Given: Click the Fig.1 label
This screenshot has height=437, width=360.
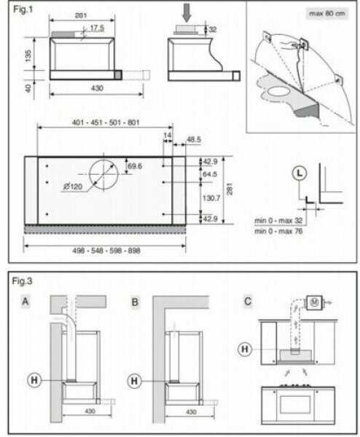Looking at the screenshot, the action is tap(23, 9).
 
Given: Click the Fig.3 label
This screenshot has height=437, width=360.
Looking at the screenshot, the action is tap(22, 281).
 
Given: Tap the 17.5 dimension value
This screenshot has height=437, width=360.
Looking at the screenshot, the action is tap(97, 28).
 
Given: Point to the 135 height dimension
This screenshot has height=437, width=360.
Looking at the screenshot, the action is tap(28, 56).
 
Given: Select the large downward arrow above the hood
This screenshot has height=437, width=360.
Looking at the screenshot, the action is tap(187, 13).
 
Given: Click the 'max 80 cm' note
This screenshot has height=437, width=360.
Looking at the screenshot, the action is tap(327, 13).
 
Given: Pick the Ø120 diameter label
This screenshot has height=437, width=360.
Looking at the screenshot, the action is tap(73, 186).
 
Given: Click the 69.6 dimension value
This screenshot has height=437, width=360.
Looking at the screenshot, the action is tap(134, 166).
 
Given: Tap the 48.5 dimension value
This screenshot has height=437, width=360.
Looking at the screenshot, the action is tap(194, 139).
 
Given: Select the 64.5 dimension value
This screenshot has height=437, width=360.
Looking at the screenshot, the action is tap(210, 174).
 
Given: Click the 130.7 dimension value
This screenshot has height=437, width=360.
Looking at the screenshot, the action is tap(211, 198).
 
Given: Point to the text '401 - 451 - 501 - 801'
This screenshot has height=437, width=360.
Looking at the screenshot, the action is tap(106, 122).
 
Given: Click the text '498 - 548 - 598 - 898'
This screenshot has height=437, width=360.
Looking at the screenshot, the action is tap(106, 251).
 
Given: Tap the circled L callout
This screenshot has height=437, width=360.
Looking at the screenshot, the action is tap(300, 173).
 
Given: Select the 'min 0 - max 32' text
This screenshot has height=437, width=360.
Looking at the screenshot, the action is tap(278, 221).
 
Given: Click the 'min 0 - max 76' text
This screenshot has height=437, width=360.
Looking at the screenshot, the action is tap(278, 231).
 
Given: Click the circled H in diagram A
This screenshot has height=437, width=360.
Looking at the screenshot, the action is tap(34, 380).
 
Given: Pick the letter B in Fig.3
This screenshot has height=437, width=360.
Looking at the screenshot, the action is tap(135, 302).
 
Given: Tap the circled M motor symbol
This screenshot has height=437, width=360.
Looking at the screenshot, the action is tap(314, 302).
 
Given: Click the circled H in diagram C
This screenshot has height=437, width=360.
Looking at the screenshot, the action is tap(245, 349).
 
